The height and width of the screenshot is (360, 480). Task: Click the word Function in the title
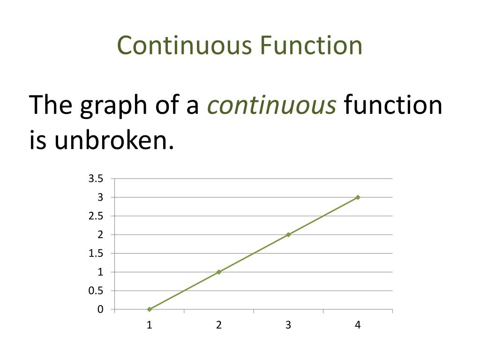coord(311,45)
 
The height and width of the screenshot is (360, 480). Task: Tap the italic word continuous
coord(272,105)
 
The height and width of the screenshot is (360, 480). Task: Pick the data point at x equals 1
coord(150,309)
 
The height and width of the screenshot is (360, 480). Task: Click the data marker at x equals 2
coord(219,272)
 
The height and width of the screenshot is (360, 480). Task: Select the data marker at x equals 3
coord(288,234)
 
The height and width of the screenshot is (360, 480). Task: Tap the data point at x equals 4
coord(358,197)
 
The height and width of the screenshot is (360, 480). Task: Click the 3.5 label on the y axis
coord(96,179)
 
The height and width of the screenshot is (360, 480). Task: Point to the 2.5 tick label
coord(96,216)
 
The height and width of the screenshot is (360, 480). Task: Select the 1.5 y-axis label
coord(96,254)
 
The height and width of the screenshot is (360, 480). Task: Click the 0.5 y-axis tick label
coord(96,291)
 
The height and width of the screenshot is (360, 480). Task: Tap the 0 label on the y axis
coord(100,309)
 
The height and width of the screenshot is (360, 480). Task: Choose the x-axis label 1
coord(150,325)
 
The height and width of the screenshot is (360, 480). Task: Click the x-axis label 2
coord(219,325)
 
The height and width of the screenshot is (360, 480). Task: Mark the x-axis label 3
coord(288,325)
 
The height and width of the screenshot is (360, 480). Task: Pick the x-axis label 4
coord(358,325)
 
